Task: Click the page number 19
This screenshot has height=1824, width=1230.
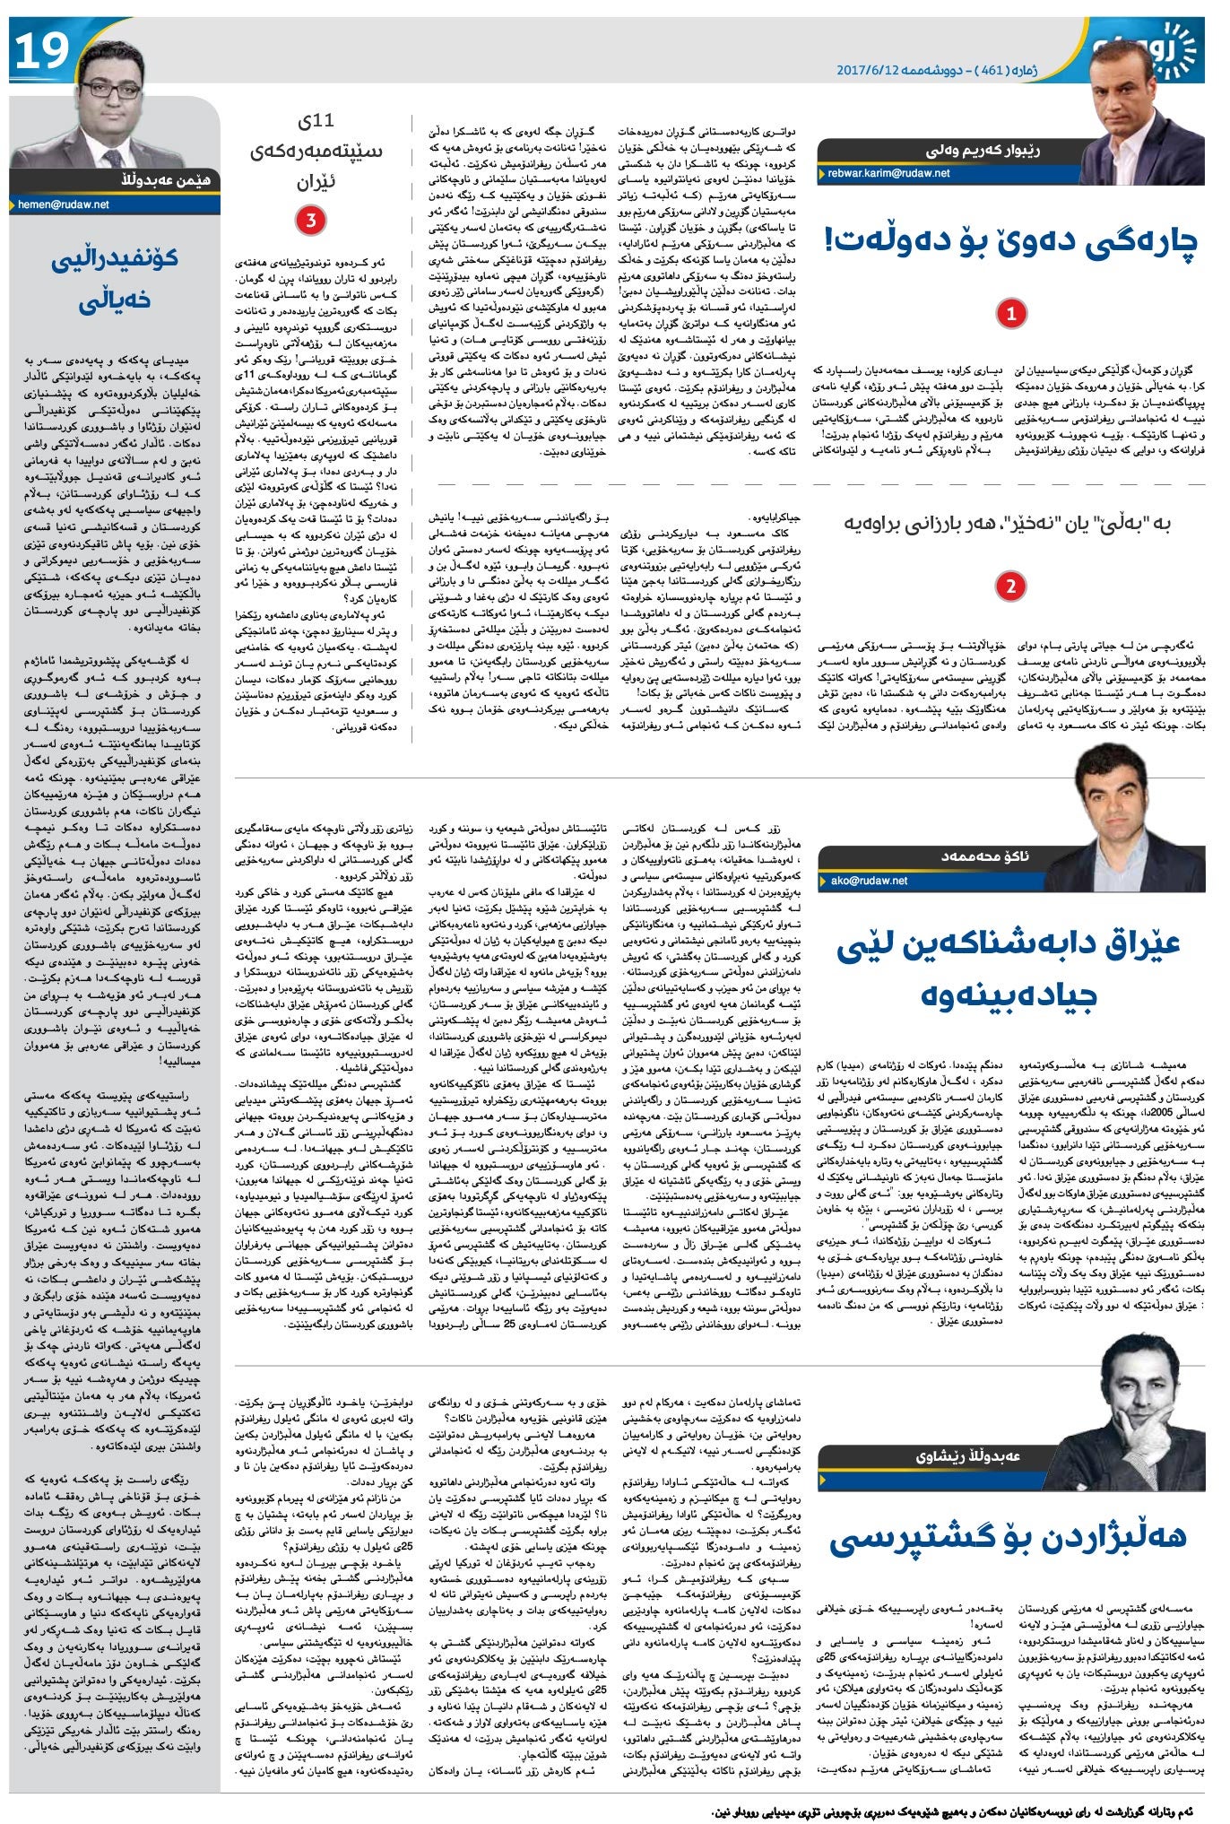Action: [x=41, y=50]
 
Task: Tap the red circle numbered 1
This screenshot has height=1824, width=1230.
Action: [x=1011, y=314]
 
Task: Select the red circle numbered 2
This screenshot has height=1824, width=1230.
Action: [x=1010, y=586]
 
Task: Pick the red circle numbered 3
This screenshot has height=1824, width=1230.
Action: [x=311, y=221]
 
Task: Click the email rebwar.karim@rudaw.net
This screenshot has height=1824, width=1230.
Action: [x=888, y=174]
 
